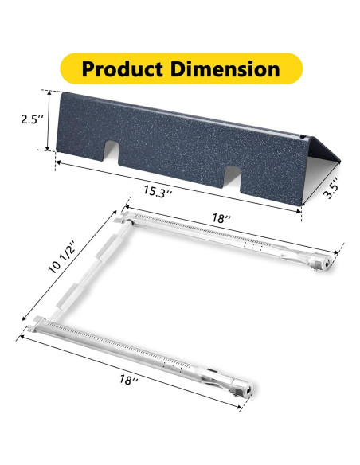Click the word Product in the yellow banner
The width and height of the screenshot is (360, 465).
point(123,68)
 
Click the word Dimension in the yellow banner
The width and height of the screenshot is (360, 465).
point(225,68)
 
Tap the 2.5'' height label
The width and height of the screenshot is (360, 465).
point(33,119)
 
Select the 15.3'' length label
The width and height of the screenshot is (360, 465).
point(158,191)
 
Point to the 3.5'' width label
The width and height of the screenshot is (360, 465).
point(331,189)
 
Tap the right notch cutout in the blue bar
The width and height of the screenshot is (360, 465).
point(233,177)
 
